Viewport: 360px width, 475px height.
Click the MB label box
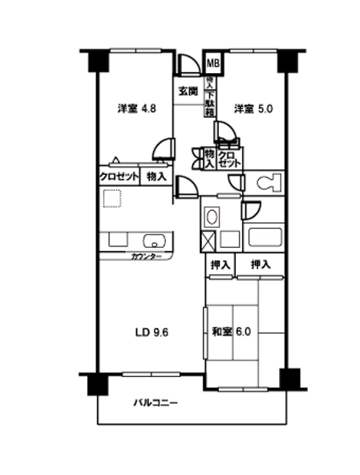(213, 62)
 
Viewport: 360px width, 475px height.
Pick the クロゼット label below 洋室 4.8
(119, 177)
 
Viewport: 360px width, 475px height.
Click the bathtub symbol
(265, 237)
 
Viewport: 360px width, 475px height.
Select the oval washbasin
(212, 216)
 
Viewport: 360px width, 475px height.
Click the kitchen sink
(152, 240)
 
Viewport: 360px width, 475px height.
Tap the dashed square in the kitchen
(112, 197)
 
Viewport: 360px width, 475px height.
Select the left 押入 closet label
(220, 265)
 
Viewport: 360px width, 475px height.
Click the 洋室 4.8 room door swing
(164, 148)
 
